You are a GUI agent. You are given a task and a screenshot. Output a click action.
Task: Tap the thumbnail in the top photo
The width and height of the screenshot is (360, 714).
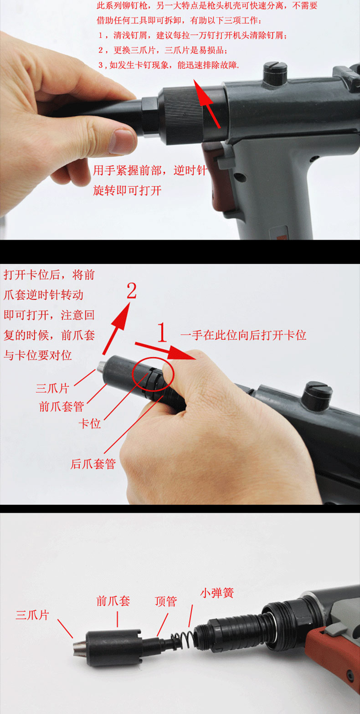(121, 141)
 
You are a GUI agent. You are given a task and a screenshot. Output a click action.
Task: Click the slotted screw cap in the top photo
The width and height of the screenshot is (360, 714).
(275, 73)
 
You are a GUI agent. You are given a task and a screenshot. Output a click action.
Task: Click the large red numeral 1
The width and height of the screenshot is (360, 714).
(162, 332)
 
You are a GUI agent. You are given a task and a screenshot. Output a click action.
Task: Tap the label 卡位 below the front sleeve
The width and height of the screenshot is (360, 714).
(90, 424)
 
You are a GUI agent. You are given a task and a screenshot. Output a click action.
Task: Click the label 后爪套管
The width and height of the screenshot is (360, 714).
(93, 464)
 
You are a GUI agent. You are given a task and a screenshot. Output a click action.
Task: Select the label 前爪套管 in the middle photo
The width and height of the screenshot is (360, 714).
(62, 406)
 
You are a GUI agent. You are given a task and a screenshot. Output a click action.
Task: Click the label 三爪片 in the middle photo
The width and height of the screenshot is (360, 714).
(52, 388)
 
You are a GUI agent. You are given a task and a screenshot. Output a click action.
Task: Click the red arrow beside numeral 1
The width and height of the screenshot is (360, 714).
(165, 351)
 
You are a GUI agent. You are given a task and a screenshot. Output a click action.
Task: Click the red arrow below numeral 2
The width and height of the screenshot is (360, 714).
(117, 328)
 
